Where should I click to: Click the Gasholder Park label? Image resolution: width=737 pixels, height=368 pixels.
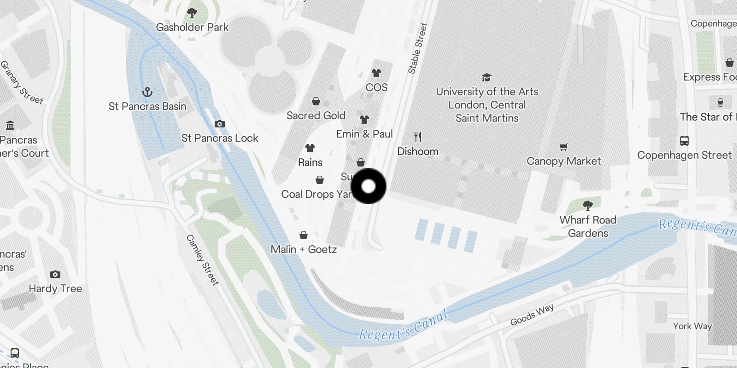[192, 27]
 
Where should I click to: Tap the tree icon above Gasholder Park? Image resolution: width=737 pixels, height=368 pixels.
[192, 13]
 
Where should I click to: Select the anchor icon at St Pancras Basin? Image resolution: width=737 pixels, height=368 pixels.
[147, 92]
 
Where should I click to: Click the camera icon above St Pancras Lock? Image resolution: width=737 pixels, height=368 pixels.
[220, 124]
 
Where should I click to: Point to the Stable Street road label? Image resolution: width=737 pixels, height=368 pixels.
[418, 48]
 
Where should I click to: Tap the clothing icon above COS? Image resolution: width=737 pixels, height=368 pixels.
[376, 73]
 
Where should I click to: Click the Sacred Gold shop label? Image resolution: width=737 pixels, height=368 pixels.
[316, 115]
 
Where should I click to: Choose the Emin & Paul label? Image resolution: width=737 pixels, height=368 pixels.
[364, 134]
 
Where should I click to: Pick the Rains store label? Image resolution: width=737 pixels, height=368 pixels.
[310, 162]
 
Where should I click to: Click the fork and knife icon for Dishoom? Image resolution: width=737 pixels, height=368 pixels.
[418, 137]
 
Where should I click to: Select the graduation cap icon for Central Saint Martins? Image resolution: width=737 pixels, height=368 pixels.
[487, 77]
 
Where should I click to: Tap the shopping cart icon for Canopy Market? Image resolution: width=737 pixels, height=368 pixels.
[564, 147]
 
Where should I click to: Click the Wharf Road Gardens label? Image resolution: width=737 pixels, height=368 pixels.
[588, 226]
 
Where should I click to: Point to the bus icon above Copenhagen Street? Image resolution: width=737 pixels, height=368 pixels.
[684, 140]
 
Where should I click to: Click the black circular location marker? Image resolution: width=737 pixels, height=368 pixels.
[368, 186]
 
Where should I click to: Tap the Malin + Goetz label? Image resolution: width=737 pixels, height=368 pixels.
[304, 249]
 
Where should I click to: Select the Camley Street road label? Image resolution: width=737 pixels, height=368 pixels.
[202, 260]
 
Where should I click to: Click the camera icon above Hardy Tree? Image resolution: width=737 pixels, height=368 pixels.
[55, 274]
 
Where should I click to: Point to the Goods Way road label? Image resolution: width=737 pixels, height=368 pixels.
[532, 315]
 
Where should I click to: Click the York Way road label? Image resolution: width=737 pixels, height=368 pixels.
[692, 326]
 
